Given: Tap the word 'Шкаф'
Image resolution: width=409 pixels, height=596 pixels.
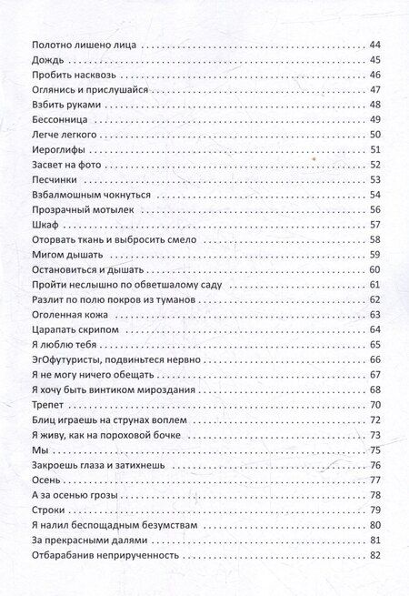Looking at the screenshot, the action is [43, 224].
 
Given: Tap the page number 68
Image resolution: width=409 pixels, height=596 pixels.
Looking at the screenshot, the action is [379, 389].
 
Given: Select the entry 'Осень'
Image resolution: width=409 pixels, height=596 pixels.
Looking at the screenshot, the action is [45, 480].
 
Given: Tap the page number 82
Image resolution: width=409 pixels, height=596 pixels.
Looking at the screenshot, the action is [379, 555].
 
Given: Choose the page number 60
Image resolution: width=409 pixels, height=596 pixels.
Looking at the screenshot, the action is [379, 269].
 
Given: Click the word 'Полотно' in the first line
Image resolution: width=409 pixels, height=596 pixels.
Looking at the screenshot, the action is [53, 45].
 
